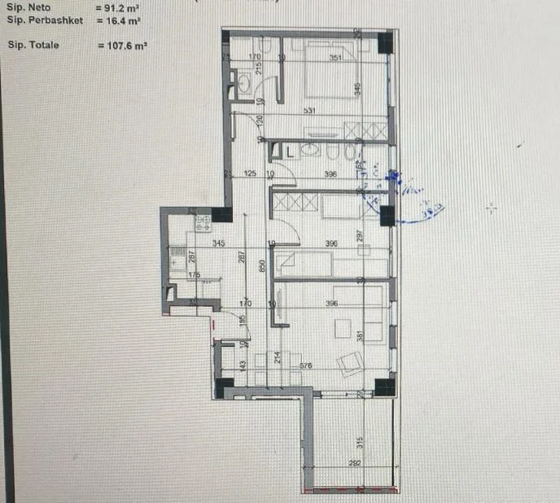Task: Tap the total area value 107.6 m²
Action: [x=127, y=46]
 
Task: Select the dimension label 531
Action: [x=308, y=111]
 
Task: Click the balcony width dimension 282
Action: [x=353, y=463]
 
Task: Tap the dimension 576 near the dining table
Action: [x=306, y=366]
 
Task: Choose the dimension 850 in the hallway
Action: [x=261, y=265]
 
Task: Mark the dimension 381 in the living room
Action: [x=358, y=336]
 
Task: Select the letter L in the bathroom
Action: [x=288, y=150]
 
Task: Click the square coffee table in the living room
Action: [x=342, y=327]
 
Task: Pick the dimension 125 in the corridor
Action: [x=250, y=173]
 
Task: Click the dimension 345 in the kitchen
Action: [x=218, y=243]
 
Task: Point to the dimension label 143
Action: [x=243, y=365]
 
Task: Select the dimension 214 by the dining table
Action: [x=278, y=356]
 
